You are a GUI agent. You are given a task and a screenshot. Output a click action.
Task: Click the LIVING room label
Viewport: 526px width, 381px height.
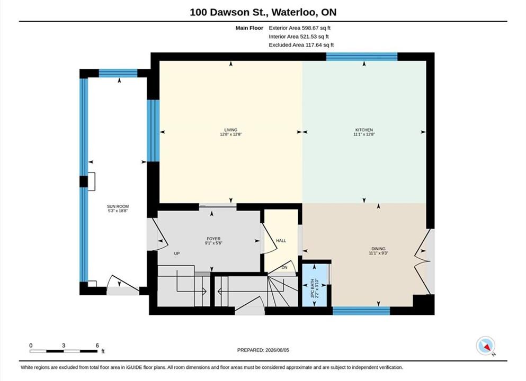[231, 130]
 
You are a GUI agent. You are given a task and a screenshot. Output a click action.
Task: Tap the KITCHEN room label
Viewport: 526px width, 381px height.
[364, 130]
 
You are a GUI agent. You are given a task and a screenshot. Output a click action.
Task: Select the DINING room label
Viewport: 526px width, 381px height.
[378, 249]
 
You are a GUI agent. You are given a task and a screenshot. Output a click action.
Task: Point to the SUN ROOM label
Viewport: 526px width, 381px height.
[118, 206]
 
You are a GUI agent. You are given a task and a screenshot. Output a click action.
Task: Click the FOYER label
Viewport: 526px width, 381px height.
[213, 239]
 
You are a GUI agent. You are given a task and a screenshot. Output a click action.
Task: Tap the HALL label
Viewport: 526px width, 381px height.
[281, 241]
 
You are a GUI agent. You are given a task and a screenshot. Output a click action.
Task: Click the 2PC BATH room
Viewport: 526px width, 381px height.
[315, 285]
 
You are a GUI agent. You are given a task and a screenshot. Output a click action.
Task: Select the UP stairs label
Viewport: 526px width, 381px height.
[177, 253]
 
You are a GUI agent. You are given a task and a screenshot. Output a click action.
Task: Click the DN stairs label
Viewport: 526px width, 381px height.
[284, 267]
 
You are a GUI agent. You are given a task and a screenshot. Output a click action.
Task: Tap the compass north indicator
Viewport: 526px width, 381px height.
[485, 346]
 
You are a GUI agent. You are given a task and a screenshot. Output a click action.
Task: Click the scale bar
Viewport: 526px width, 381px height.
[64, 351]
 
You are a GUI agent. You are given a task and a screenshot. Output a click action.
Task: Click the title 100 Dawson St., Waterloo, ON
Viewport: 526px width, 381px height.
[263, 12]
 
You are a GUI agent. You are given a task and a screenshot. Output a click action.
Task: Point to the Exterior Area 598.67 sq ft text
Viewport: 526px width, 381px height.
[300, 28]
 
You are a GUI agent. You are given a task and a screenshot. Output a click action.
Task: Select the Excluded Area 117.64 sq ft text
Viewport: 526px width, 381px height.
[301, 45]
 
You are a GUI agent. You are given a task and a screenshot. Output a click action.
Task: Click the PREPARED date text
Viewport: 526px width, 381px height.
[263, 350]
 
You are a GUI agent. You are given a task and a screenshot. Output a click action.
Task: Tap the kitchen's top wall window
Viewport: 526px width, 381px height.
[362, 57]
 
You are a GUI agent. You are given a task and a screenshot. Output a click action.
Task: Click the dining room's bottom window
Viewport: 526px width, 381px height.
[361, 311]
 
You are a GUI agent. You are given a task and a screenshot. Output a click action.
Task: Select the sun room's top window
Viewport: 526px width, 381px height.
[118, 73]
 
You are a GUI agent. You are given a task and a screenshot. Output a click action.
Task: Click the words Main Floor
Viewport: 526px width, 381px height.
[249, 28]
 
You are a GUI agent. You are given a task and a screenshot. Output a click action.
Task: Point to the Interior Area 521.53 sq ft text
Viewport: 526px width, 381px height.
[299, 37]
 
